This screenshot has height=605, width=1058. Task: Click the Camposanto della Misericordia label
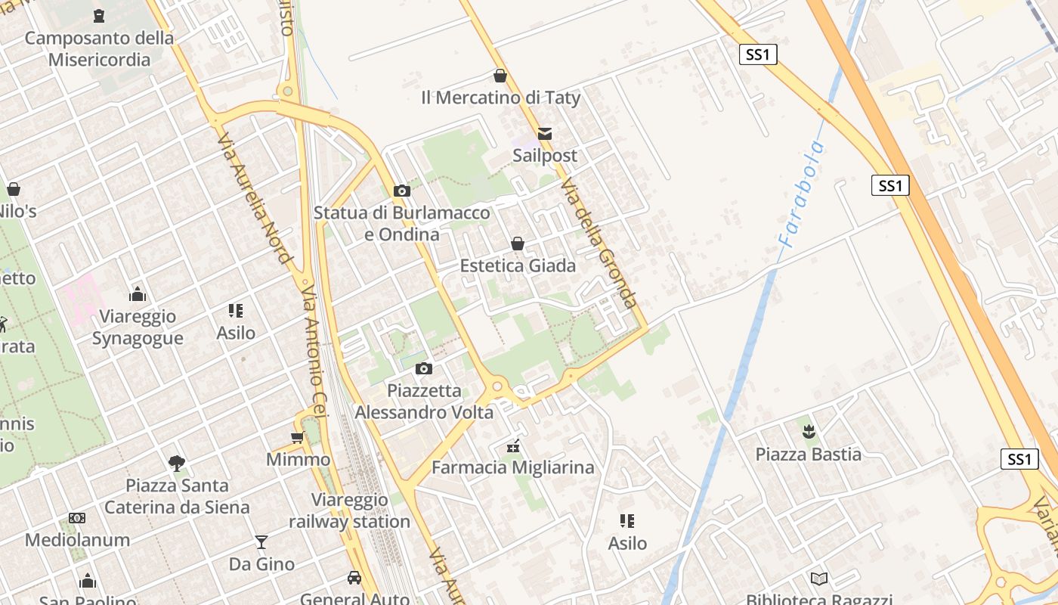pos(99,48)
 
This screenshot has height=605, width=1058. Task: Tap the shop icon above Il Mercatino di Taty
pos(500,76)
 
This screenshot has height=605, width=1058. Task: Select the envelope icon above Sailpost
pos(545,134)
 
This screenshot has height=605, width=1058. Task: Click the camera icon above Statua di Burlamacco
pos(402,191)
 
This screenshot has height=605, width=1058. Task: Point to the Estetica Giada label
pos(518,265)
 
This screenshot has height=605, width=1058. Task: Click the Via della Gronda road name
pos(599,244)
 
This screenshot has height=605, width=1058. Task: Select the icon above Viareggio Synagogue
pos(138,294)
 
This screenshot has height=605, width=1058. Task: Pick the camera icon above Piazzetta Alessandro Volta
pos(424,369)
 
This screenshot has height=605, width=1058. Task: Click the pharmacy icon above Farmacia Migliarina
pos(513,446)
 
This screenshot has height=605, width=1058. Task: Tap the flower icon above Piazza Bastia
pos(809,433)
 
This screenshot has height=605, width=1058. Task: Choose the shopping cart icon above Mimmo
pos(298,438)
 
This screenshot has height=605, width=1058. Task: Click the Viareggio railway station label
pos(349,510)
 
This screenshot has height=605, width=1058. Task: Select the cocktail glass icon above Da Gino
pos(261,542)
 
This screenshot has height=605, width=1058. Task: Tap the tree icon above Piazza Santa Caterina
pos(177,463)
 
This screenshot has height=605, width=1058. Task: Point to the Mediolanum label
pos(77,540)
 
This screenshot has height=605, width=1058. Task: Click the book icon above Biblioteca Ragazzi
pos(819,579)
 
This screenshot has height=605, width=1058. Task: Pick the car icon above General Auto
pos(354,579)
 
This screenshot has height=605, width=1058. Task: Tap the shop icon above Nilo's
pos(14,189)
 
